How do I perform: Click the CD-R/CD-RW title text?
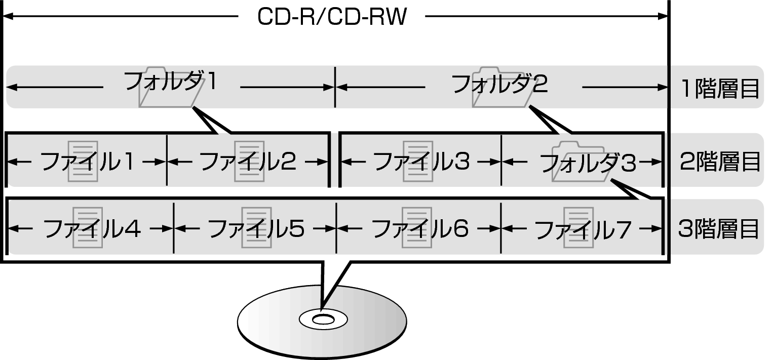[332, 18]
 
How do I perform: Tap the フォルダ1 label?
[171, 82]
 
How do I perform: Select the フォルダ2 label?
[499, 85]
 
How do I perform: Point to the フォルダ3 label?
[588, 163]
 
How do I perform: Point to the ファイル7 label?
[583, 229]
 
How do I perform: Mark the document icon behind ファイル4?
[88, 227]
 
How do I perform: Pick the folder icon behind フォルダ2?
[498, 87]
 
